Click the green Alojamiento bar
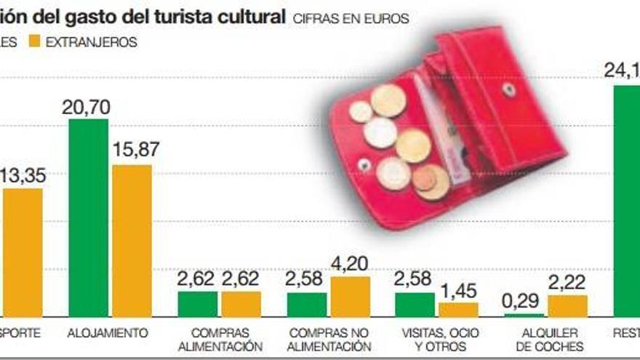[x=88, y=218]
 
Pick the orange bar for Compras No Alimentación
[x=350, y=297]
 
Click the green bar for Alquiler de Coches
[x=524, y=316]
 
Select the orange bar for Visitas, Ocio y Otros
[x=458, y=310]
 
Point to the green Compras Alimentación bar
[x=197, y=304]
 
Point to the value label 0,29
[x=524, y=300]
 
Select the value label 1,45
[x=458, y=291]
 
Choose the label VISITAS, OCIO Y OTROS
[x=436, y=340]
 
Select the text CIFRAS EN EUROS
[x=351, y=19]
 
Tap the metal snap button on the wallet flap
[x=508, y=90]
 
